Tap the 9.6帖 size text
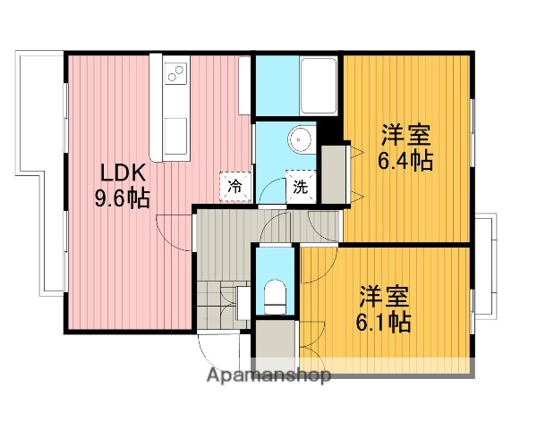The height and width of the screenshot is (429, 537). point(123,198)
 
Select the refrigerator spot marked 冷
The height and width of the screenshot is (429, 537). point(234,187)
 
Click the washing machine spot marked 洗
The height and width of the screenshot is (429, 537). point(299,188)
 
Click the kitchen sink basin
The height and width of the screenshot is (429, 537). point(175,134)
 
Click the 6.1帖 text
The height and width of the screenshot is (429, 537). point(385,320)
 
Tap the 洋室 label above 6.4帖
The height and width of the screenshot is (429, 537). point(406,136)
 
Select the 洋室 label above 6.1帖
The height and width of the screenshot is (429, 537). point(385,295)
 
